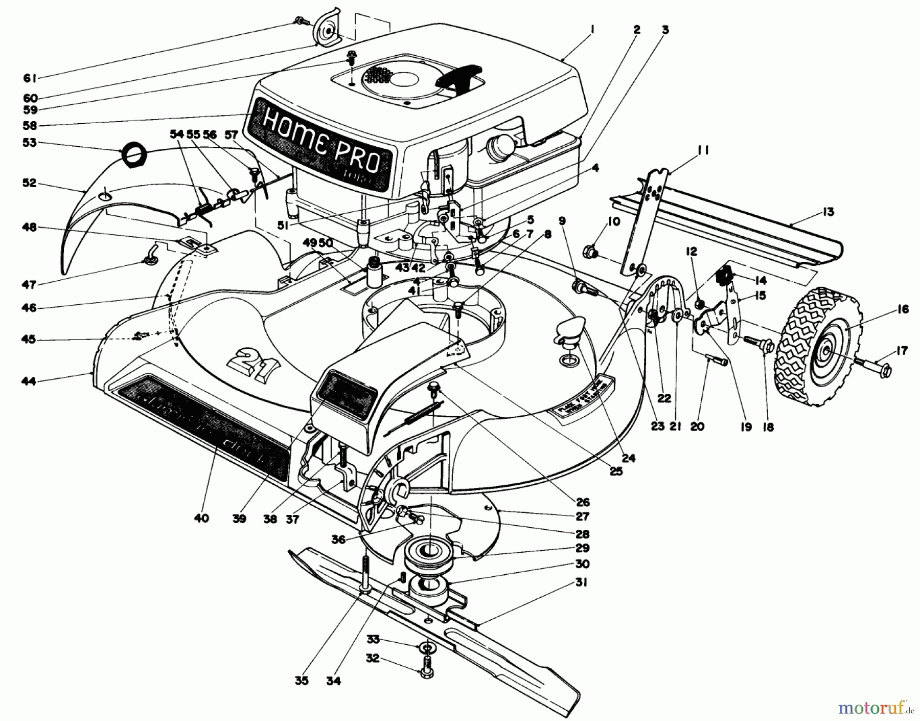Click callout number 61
pyautogui.click(x=29, y=78)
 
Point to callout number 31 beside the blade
pyautogui.click(x=582, y=582)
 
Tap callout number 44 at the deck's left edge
pyautogui.click(x=29, y=380)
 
